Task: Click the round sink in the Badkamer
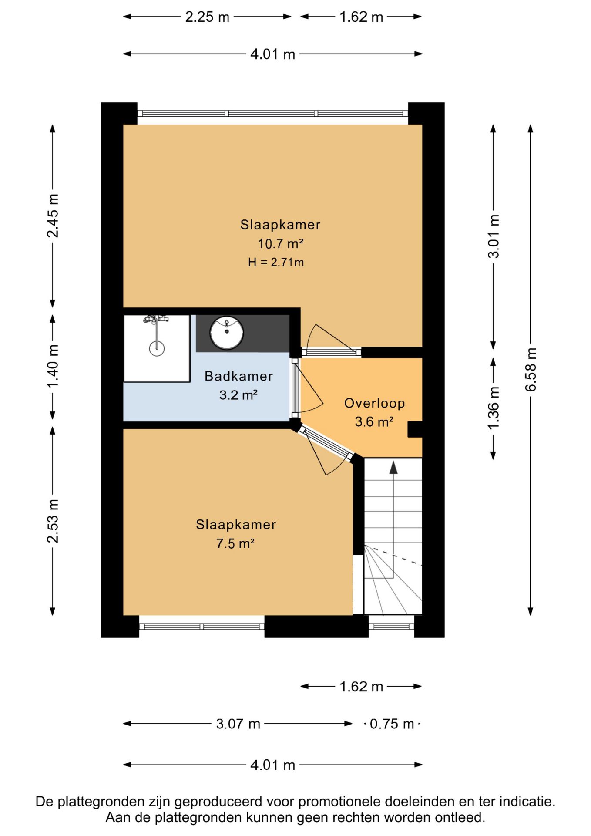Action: click(x=226, y=333)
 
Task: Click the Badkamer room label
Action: click(x=238, y=376)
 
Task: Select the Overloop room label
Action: click(x=374, y=404)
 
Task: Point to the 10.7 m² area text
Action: click(x=280, y=243)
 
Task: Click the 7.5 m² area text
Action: click(x=235, y=543)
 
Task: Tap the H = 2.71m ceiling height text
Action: click(x=276, y=262)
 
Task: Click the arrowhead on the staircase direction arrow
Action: click(x=393, y=468)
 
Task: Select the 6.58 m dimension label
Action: click(x=531, y=370)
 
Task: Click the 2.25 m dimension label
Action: click(x=207, y=17)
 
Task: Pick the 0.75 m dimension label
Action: click(x=392, y=724)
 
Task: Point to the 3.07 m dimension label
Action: click(x=238, y=724)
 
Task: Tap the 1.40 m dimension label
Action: click(x=53, y=366)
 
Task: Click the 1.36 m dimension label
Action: click(x=493, y=408)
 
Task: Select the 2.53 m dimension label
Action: click(x=53, y=521)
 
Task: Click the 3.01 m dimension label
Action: click(x=493, y=236)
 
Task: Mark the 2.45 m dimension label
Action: click(x=53, y=216)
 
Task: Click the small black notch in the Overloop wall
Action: click(x=415, y=429)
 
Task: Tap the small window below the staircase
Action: click(x=392, y=627)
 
